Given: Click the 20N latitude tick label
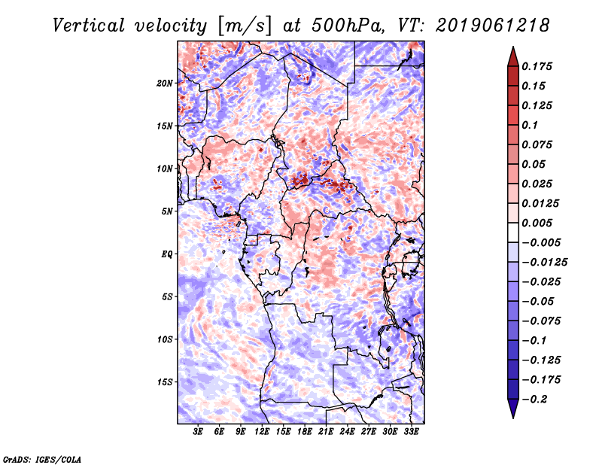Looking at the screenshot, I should coord(166,83).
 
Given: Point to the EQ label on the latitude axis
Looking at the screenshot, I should coord(167,254).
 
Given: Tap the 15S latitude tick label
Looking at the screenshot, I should coord(166,381).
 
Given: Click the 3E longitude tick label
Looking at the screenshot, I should coord(199,431).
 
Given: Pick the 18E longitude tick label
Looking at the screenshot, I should coord(305,431).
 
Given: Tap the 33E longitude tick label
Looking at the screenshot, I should coord(411,431).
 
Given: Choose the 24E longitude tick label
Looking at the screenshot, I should coord(347,431).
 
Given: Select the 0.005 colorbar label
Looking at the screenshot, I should coord(539,223).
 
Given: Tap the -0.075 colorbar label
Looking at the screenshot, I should coord(541,321).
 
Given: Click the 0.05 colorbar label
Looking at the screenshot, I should coord(535,164).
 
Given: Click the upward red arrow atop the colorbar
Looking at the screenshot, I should coord(512,56).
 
